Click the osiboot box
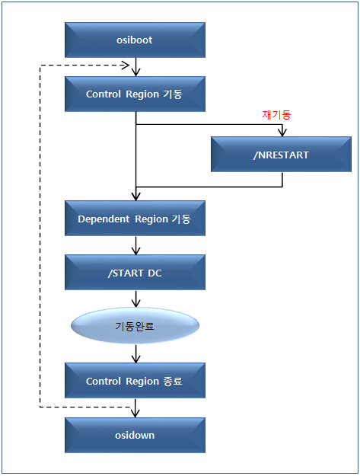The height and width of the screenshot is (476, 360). [135, 40]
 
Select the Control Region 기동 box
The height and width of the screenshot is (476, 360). [135, 95]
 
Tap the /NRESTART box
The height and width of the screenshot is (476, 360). [282, 155]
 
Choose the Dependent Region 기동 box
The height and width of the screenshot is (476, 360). [135, 219]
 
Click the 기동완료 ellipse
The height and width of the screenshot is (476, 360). [135, 326]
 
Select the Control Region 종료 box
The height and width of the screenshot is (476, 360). [135, 380]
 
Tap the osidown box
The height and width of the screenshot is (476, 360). [135, 434]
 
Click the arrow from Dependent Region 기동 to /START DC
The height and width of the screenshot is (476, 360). [135, 246]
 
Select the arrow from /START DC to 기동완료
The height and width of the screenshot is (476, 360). [135, 299]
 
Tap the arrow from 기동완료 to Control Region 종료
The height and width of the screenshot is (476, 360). [135, 353]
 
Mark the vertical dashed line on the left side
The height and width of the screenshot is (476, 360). [39, 236]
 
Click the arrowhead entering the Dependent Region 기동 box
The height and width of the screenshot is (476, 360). [135, 196]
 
